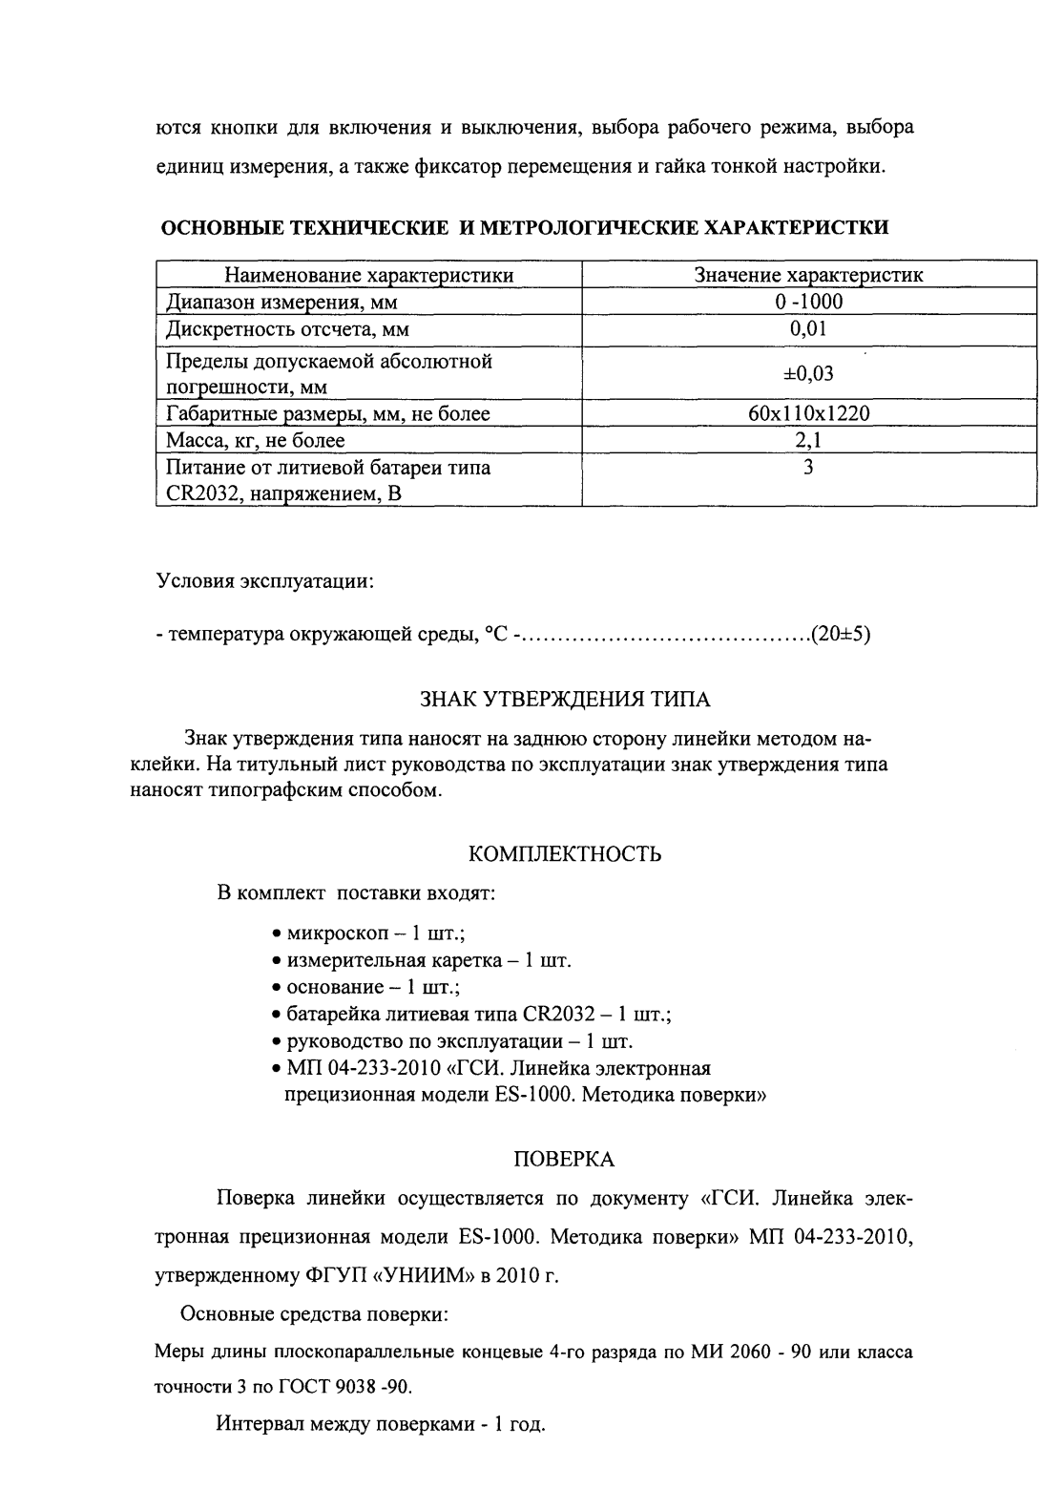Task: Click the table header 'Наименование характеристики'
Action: (368, 276)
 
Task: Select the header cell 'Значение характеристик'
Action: (808, 276)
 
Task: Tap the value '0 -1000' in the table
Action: (808, 303)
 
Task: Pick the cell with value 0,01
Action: (808, 329)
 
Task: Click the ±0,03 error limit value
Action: (808, 373)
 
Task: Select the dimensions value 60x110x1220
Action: (808, 413)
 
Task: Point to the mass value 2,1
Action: (808, 440)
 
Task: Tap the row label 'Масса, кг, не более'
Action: (256, 440)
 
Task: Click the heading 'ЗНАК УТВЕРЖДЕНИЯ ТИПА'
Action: (565, 700)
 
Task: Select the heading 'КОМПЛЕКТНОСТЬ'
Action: (566, 854)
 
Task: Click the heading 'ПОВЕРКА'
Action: (564, 1160)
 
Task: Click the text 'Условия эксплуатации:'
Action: (264, 581)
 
